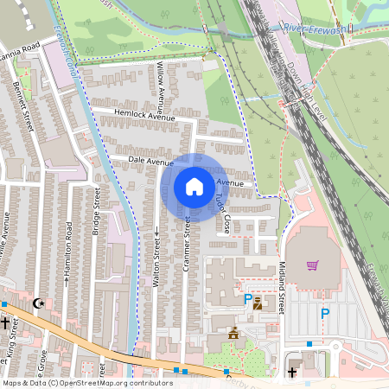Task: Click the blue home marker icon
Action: [194, 186]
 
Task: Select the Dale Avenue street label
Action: [150, 161]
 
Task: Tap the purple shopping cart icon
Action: [312, 265]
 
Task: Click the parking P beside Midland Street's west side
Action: [248, 299]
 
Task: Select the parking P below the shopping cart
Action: [325, 314]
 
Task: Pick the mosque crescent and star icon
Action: [37, 303]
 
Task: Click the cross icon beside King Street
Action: [4, 323]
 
